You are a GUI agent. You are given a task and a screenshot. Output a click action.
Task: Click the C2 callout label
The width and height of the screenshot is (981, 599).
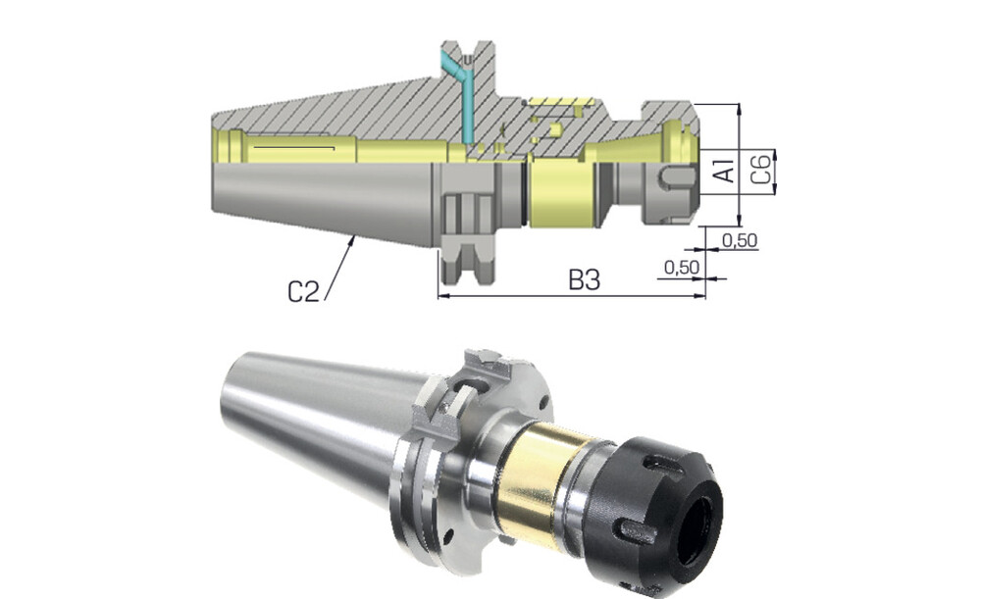coord(303,291)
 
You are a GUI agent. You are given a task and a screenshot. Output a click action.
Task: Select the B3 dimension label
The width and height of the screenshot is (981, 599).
coord(585,280)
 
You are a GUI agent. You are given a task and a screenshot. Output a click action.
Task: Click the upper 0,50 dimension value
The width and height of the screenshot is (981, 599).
coord(740,240)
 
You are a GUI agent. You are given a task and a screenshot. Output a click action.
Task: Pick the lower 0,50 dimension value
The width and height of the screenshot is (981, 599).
coord(682,268)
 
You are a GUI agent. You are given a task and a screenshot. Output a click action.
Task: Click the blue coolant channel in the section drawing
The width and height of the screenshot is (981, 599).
coord(463,94)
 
